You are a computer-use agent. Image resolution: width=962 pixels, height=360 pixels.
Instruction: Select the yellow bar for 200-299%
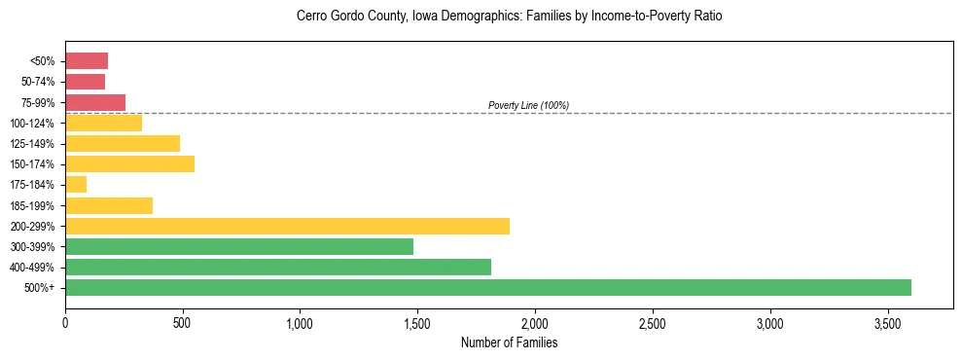coord(287,226)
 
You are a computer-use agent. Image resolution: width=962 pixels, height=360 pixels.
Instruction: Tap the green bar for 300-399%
coord(239,246)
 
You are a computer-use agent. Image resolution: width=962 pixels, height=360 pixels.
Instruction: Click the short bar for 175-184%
coord(76,184)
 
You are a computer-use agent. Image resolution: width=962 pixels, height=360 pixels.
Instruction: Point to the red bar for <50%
coord(87,60)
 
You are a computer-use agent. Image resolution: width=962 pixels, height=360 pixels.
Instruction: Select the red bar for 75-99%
coord(95,102)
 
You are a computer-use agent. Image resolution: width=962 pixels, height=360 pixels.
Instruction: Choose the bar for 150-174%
coord(129,163)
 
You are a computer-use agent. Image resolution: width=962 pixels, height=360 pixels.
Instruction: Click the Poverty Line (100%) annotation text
coord(528,105)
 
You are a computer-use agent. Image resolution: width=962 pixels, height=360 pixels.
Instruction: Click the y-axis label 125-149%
coord(31,144)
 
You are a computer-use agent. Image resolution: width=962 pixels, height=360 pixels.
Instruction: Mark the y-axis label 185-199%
coord(31,205)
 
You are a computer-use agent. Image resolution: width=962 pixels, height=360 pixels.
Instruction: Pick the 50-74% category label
coord(36,82)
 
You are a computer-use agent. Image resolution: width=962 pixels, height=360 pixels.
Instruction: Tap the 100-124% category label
coord(31,123)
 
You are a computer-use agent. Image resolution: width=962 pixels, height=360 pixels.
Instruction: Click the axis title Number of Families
coord(509,342)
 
